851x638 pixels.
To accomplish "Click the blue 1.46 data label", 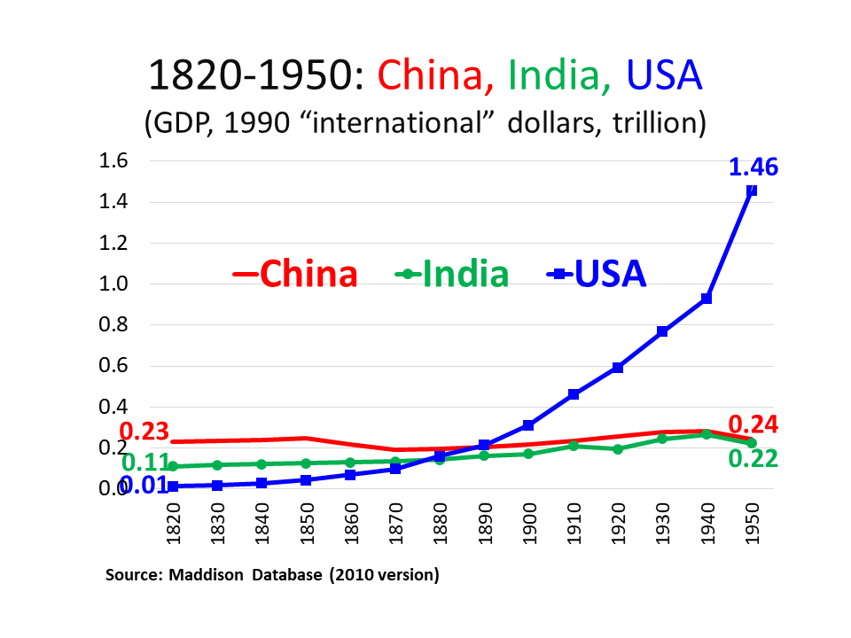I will [753, 167].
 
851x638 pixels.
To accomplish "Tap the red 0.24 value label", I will [753, 425].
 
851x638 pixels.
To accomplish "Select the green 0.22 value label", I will [753, 458].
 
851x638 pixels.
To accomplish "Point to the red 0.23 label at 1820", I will [144, 432].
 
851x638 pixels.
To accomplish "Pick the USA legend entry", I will [597, 274].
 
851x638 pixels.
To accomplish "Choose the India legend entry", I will [452, 274].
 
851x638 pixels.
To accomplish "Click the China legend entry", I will [295, 274].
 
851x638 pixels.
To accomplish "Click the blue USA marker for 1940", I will [707, 299].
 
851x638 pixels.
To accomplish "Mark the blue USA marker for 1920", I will [618, 368].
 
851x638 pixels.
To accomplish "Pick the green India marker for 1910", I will [574, 446].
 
